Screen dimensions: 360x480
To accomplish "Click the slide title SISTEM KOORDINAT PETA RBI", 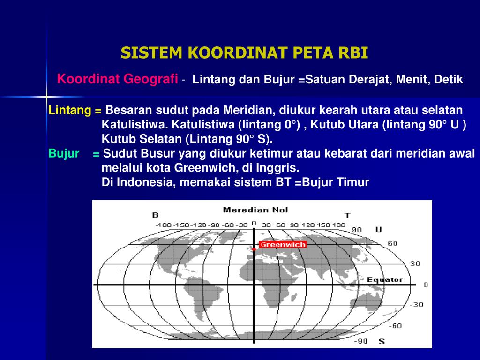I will (x=244, y=53).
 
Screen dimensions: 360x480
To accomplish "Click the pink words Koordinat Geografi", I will (x=117, y=79).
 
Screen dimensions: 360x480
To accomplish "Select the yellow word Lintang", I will (x=70, y=111).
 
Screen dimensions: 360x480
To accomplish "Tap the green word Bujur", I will (x=64, y=154).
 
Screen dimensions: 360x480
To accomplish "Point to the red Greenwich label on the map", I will (x=283, y=244).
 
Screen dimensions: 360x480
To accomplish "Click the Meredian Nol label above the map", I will (x=255, y=210).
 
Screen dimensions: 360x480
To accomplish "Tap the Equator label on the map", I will (x=384, y=280).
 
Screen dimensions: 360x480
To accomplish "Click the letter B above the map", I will (x=155, y=215).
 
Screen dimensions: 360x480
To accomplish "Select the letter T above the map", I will (x=347, y=215).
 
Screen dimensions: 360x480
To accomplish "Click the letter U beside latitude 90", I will (x=378, y=229).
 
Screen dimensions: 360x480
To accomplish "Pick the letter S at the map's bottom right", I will (x=381, y=342).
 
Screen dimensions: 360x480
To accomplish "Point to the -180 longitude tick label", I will (x=164, y=225).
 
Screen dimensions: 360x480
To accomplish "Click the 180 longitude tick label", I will (x=339, y=225).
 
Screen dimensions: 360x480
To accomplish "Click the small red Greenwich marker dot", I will (x=254, y=250).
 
